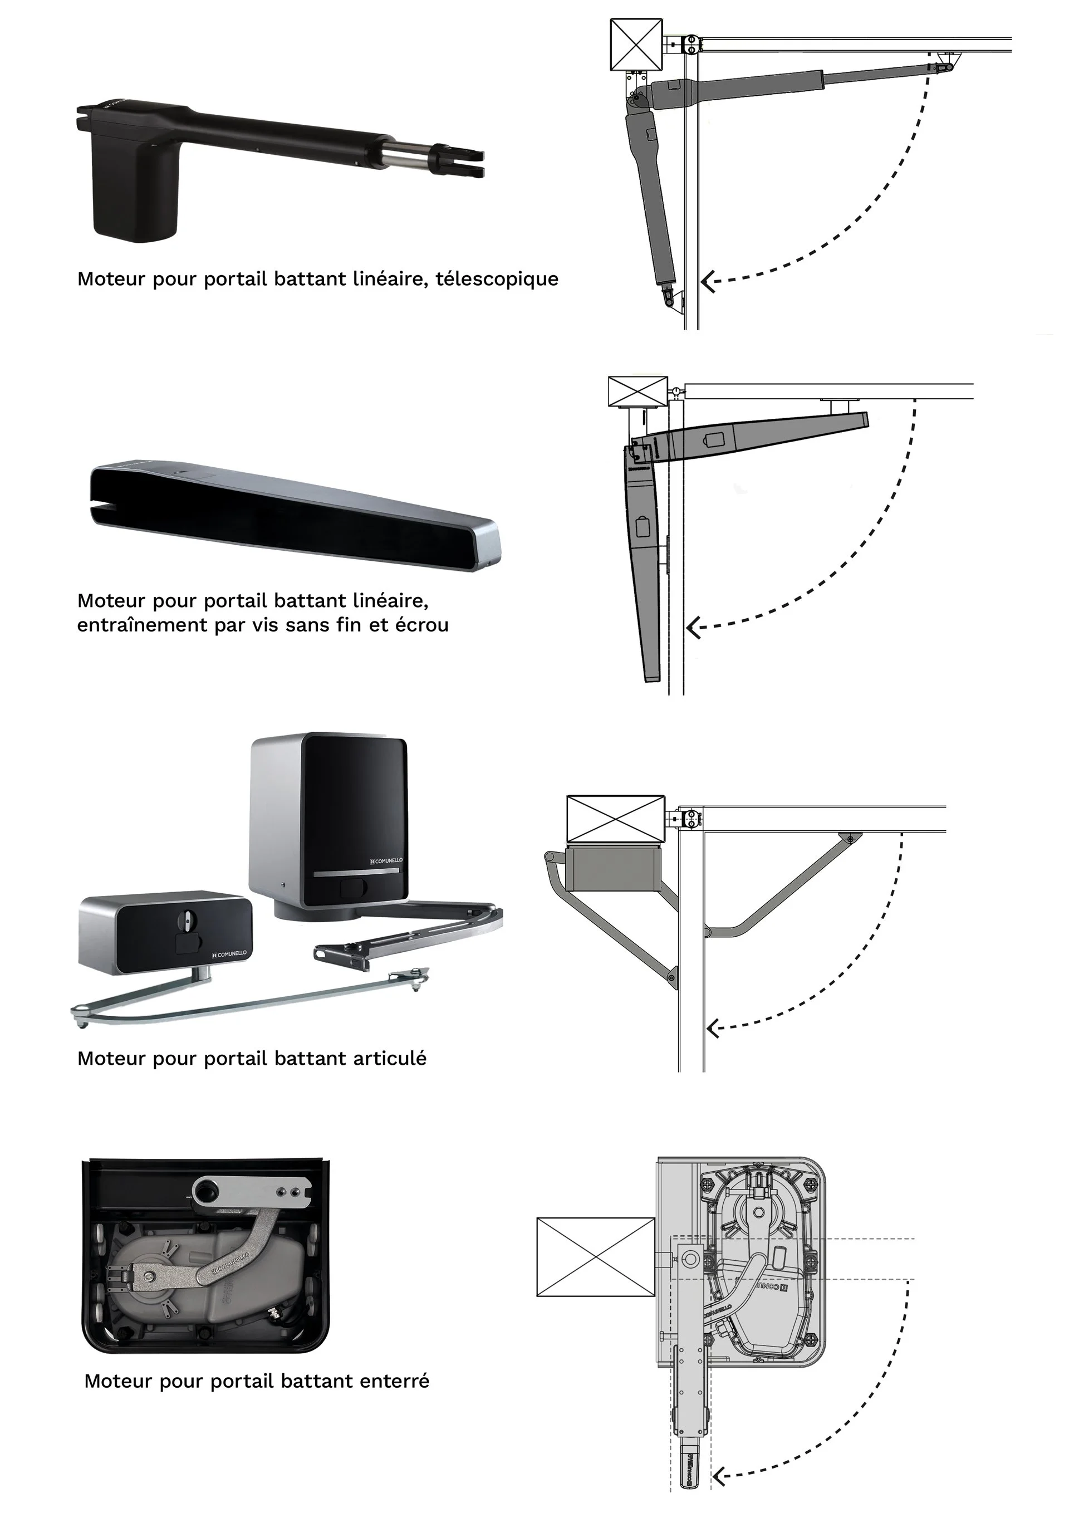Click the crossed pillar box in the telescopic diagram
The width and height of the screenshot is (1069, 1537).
tap(636, 44)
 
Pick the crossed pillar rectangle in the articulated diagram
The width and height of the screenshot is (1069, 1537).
tap(615, 819)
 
